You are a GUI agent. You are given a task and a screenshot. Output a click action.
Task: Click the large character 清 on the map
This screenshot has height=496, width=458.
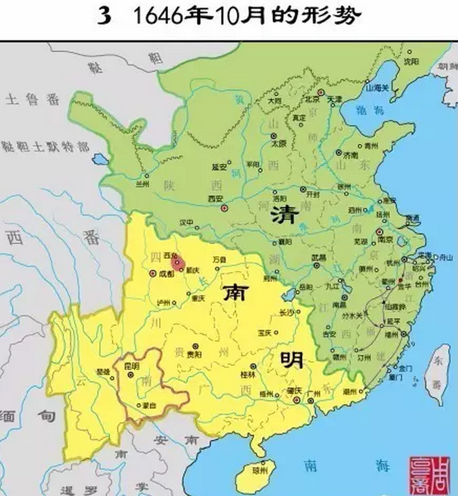(285, 215)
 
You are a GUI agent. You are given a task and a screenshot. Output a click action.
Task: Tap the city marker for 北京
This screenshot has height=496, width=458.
(321, 92)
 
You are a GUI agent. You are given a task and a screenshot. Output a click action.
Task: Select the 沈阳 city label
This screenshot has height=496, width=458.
(411, 61)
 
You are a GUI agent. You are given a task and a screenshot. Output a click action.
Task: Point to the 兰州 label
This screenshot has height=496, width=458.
(142, 184)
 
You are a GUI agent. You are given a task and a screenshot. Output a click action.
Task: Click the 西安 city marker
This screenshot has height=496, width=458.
(224, 208)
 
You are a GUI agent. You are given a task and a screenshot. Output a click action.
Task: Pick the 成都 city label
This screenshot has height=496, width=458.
(166, 274)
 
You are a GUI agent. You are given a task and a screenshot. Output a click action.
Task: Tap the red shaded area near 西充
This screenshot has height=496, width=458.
(178, 263)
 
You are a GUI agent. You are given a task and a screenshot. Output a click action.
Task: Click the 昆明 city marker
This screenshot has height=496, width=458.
(130, 374)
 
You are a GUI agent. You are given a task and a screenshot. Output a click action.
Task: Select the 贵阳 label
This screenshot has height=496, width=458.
(194, 354)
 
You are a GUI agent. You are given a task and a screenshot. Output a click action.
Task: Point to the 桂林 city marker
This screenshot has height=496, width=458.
(253, 367)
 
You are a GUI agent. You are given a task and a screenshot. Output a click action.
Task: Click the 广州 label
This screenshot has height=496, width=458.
(313, 394)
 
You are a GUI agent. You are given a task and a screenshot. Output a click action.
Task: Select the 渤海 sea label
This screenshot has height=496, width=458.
(370, 110)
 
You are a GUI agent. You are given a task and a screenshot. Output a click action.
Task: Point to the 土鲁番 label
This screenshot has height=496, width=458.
(32, 99)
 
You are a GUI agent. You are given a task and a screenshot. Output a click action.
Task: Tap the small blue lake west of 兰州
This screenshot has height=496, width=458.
(100, 159)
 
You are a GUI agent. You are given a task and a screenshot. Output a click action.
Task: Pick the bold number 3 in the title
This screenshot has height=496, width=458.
(104, 17)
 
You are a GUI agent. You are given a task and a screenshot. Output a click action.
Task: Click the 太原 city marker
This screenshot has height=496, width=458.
(274, 136)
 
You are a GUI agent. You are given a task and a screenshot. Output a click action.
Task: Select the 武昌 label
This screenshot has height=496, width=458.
(319, 258)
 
